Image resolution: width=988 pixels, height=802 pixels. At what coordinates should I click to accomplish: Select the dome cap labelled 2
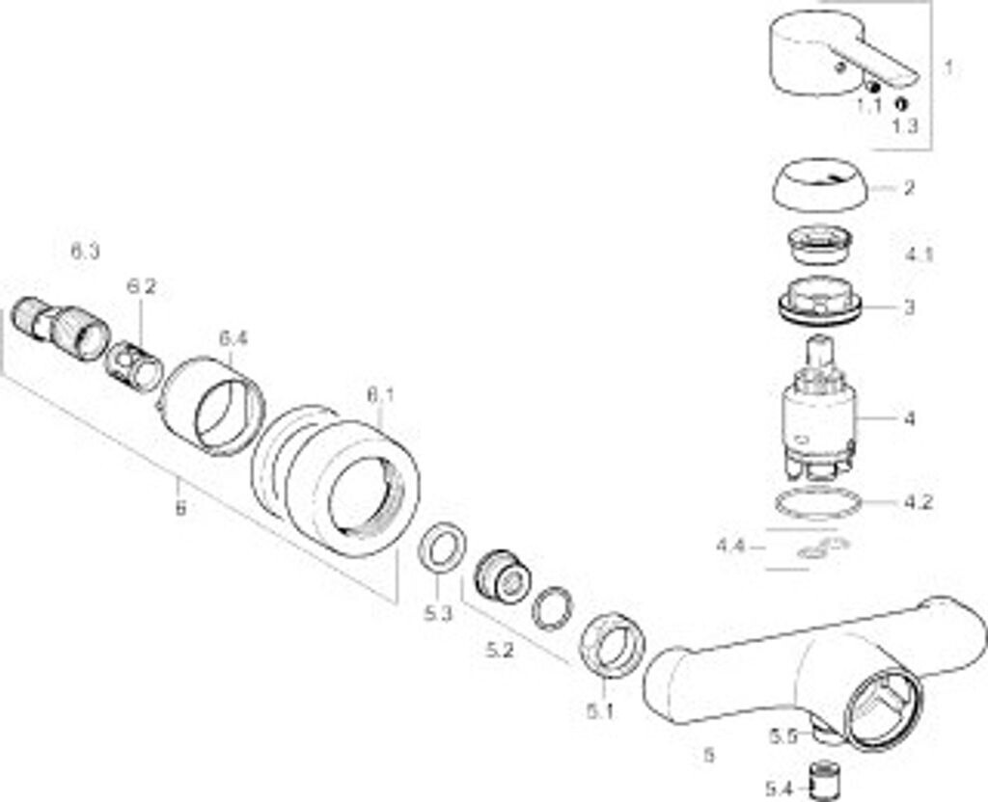coord(820,187)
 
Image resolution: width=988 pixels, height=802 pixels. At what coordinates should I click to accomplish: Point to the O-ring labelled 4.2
coord(818,503)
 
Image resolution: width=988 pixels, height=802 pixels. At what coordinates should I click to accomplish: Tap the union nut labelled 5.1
coord(612,643)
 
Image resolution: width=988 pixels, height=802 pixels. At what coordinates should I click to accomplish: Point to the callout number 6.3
coord(85,252)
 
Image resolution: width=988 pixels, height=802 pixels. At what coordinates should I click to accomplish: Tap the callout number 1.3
coord(905,126)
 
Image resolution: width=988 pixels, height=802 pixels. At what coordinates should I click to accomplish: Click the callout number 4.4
coord(730,547)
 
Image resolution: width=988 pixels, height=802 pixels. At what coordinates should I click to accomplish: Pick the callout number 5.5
coord(782,735)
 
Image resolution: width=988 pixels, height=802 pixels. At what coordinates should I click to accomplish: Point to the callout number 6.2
coord(141,286)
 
